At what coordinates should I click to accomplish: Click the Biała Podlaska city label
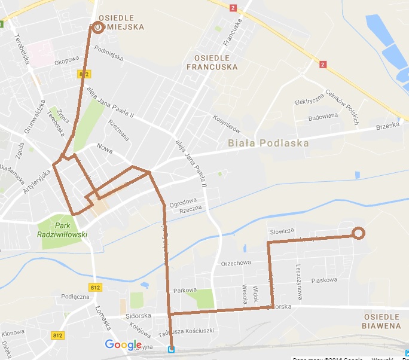(268, 144)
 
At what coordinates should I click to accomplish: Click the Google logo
(123, 345)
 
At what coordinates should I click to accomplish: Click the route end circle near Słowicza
(358, 234)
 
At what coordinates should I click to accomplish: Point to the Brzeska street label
(387, 127)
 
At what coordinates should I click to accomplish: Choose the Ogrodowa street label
(182, 201)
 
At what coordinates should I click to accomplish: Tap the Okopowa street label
(66, 60)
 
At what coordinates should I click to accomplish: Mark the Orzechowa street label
(236, 263)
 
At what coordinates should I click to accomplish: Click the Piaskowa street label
(325, 280)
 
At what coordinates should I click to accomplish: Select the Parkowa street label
(185, 290)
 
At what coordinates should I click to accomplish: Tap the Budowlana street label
(323, 118)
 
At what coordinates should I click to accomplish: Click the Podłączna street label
(75, 297)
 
